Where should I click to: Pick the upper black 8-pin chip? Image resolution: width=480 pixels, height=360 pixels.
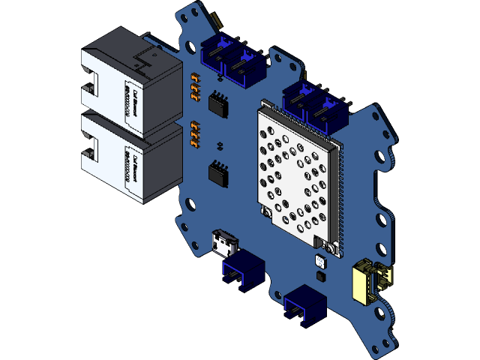(x=218, y=103)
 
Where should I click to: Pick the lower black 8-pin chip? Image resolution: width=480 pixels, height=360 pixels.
(x=218, y=174)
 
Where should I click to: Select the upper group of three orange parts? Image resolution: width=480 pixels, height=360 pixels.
(x=195, y=88)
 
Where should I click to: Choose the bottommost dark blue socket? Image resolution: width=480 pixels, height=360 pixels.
(x=304, y=301)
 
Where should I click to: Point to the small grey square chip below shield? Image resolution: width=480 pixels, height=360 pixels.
(x=321, y=262)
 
